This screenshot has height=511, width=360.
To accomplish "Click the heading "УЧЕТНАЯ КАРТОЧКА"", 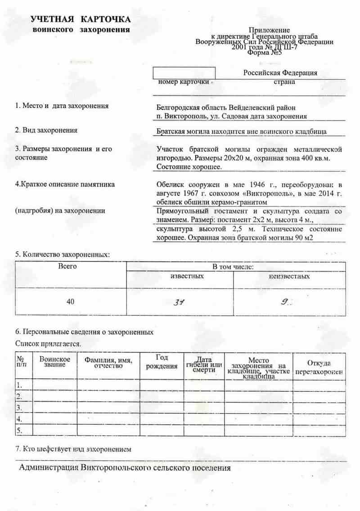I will pos(81,19).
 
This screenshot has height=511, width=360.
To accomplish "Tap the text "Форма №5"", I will pos(264,52).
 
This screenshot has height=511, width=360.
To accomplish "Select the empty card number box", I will pos(184,72).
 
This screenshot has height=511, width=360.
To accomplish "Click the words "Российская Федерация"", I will pos(280,73).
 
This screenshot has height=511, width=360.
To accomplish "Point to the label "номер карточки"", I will pos(184,82).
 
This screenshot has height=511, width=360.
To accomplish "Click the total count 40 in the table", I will pos(70,302).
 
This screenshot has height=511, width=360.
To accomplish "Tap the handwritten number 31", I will pos(180,302).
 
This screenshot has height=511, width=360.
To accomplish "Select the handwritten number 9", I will pos(285,302).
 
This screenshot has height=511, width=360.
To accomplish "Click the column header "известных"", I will pos(187,276).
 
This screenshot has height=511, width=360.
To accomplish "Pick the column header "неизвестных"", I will pos(289,276).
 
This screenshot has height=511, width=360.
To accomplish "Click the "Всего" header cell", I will pos(67,266).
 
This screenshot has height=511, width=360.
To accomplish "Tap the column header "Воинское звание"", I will pos(54,362).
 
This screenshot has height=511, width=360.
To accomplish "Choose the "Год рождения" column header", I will pos(162,362).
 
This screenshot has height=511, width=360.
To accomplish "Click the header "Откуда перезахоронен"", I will pos(319,368).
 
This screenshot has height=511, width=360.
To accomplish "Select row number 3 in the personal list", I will pos(19,408).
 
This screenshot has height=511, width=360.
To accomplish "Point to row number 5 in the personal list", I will pos(19,430).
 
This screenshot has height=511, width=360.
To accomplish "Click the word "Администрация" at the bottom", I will pos(49,468).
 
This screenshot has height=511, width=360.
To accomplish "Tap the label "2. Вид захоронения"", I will pos(46,130).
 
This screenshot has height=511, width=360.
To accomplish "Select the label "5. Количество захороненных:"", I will pos(63,255).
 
